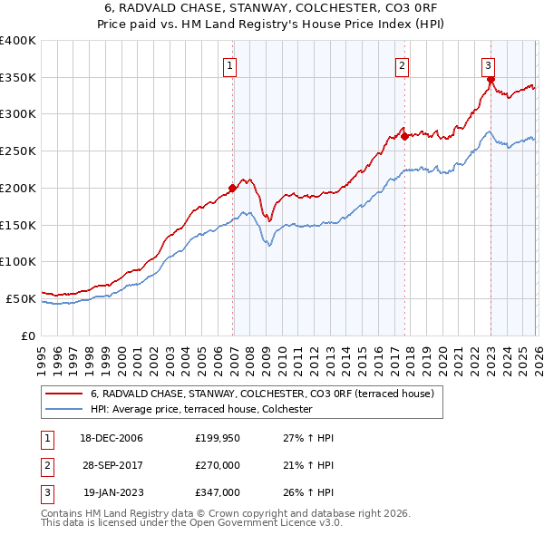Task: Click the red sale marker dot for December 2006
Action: [233, 188]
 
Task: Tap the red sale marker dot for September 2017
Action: [405, 137]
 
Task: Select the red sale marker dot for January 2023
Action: [491, 80]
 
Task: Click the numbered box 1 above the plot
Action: [230, 65]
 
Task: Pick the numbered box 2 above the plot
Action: [402, 65]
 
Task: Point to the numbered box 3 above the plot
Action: [488, 65]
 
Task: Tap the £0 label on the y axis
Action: [29, 336]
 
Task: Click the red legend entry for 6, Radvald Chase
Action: [263, 394]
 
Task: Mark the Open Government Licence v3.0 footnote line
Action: [192, 523]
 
